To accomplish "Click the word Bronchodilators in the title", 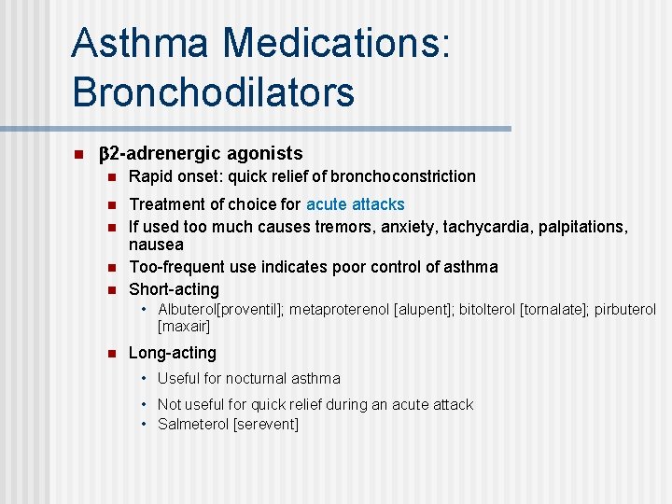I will point(213,91).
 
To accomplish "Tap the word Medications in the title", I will point(336,43).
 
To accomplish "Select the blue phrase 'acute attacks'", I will point(356,203).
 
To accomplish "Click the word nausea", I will point(156,245).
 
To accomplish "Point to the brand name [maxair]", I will point(184,326).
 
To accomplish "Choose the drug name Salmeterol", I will point(193,424).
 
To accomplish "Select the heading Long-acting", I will point(172,353).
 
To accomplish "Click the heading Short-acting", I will point(174,289).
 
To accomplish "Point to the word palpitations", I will point(577,226).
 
